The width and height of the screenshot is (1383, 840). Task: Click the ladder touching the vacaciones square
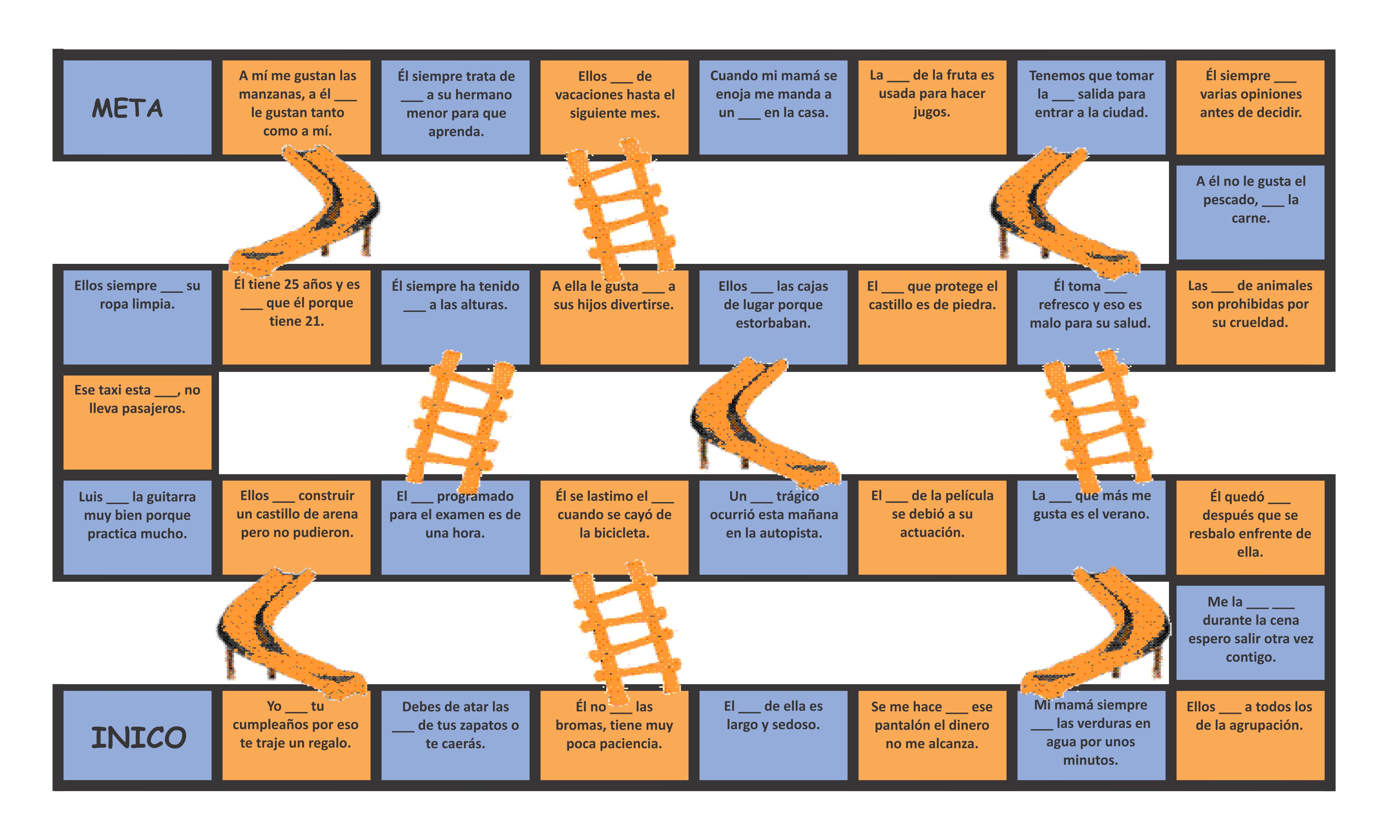coord(620,208)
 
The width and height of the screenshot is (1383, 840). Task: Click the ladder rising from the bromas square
coord(626,629)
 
